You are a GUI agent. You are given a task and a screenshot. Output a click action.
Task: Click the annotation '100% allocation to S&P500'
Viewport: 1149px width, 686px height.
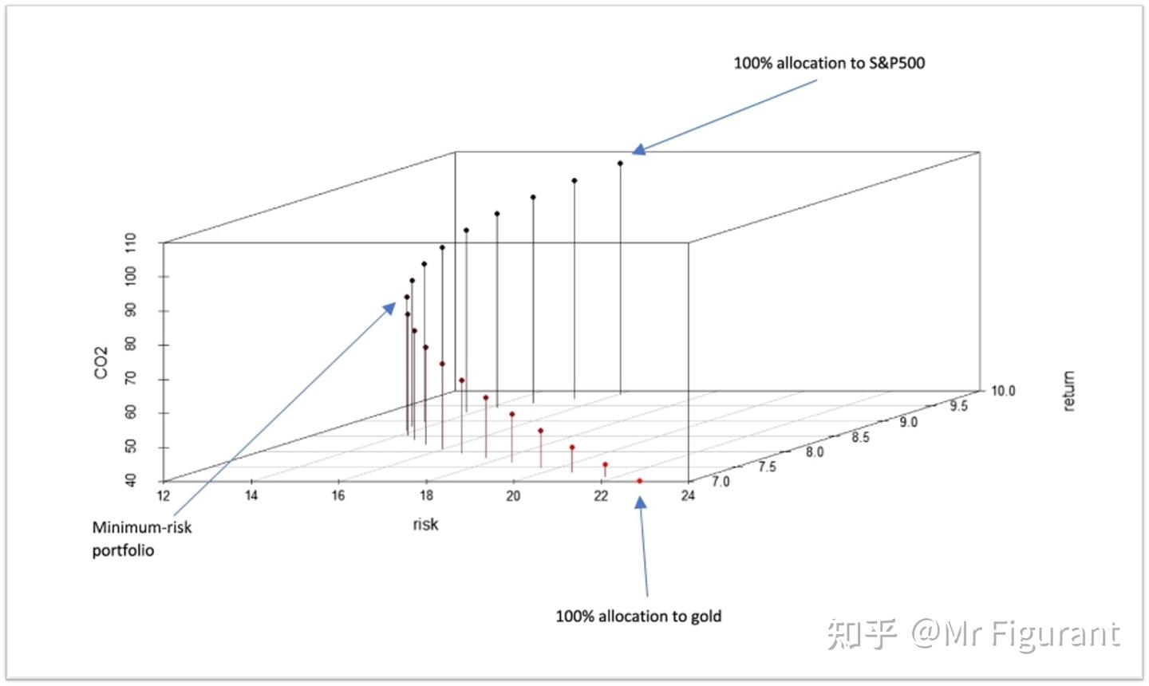tap(829, 63)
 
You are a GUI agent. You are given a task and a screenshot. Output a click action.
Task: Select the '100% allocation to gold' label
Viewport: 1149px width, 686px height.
tap(638, 616)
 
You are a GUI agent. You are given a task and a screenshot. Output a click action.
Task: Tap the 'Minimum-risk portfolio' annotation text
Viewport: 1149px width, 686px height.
tap(141, 538)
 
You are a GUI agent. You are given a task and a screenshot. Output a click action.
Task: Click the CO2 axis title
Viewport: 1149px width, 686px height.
tap(101, 362)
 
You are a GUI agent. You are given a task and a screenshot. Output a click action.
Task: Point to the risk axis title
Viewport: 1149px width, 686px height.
tap(425, 524)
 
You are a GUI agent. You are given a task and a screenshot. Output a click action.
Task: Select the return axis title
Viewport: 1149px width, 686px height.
tap(1068, 391)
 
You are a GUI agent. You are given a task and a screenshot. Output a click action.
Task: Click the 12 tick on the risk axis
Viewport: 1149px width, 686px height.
tap(164, 496)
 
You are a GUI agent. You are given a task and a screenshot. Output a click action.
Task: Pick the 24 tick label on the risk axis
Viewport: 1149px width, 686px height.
tap(688, 496)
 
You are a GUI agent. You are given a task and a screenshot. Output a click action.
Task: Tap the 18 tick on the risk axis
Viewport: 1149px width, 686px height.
tap(426, 496)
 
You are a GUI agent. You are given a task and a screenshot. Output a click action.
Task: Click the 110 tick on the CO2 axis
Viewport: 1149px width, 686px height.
tap(131, 242)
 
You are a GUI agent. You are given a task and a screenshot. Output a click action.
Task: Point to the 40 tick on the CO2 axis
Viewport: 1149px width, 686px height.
tap(131, 480)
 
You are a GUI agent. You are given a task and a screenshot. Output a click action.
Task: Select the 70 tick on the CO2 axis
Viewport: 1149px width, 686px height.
tap(131, 378)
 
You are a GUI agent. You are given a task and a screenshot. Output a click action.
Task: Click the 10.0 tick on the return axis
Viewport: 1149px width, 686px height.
tap(1002, 391)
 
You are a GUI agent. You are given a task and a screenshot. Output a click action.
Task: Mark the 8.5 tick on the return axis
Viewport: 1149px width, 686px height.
tap(860, 437)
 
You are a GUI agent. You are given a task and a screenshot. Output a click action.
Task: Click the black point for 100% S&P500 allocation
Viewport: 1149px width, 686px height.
tap(620, 164)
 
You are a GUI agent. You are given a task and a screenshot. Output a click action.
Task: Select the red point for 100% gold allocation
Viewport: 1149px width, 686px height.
tap(640, 481)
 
